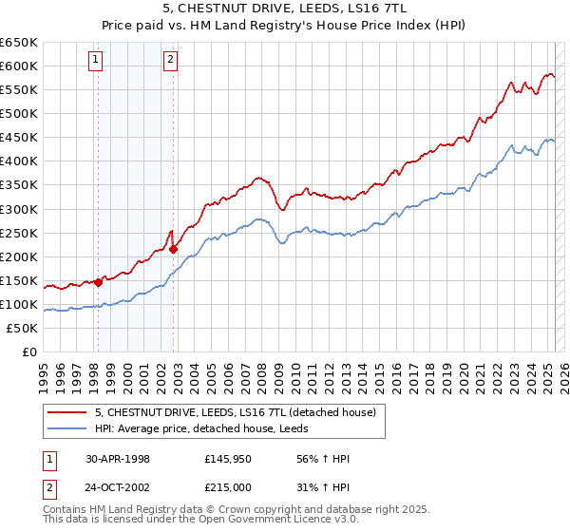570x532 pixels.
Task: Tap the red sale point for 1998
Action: point(98,281)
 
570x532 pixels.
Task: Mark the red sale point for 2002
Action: point(174,249)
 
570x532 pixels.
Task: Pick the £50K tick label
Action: point(23,328)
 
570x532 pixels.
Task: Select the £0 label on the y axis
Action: point(29,351)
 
